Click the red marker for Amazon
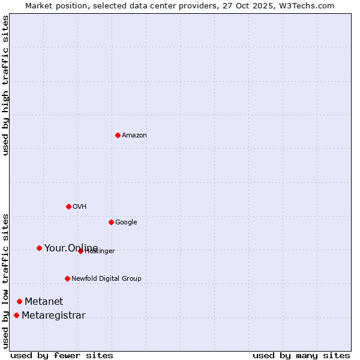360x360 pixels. point(118,135)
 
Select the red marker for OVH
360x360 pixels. point(68,206)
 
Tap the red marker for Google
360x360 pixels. point(111,222)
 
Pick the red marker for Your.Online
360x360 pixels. point(39,248)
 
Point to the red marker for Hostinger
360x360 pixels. point(80,251)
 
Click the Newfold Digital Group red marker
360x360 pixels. point(67,278)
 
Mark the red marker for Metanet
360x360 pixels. point(19,301)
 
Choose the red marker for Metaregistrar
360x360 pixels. point(16,316)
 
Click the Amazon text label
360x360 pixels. point(134,136)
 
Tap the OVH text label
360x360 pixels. point(80,207)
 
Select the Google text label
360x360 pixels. point(126,223)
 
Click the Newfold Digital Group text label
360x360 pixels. point(106,279)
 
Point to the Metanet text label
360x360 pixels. point(44,302)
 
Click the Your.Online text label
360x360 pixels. point(71,248)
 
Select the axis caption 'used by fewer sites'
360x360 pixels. point(62,356)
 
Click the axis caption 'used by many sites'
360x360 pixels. point(301,356)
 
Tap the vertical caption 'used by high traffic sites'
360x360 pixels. point(6,85)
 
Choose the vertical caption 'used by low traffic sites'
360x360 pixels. point(6,281)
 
